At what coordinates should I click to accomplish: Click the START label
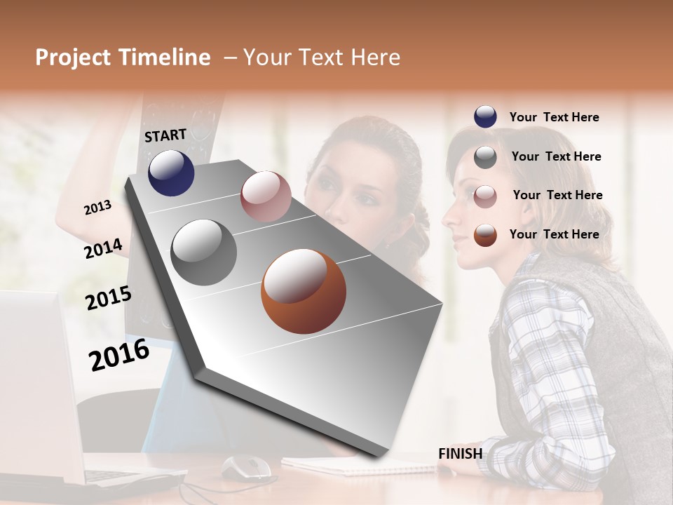click(165, 135)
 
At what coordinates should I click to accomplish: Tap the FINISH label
click(460, 454)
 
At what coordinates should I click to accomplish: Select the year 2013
click(97, 208)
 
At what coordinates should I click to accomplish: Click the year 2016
click(119, 355)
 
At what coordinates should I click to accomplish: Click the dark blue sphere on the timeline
click(171, 173)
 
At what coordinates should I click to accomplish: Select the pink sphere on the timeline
click(266, 196)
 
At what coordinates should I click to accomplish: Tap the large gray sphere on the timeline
click(204, 252)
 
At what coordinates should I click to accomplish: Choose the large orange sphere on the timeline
click(304, 291)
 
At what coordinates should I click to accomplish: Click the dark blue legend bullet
click(485, 117)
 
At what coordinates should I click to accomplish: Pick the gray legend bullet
click(485, 157)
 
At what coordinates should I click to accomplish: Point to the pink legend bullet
click(485, 196)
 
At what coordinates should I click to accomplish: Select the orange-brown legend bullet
click(485, 235)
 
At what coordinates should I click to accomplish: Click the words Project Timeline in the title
click(123, 58)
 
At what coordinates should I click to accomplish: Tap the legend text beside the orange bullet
click(554, 234)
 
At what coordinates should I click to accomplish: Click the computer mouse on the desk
click(247, 465)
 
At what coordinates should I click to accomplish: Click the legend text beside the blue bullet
click(554, 117)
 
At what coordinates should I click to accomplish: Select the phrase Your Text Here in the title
click(322, 58)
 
